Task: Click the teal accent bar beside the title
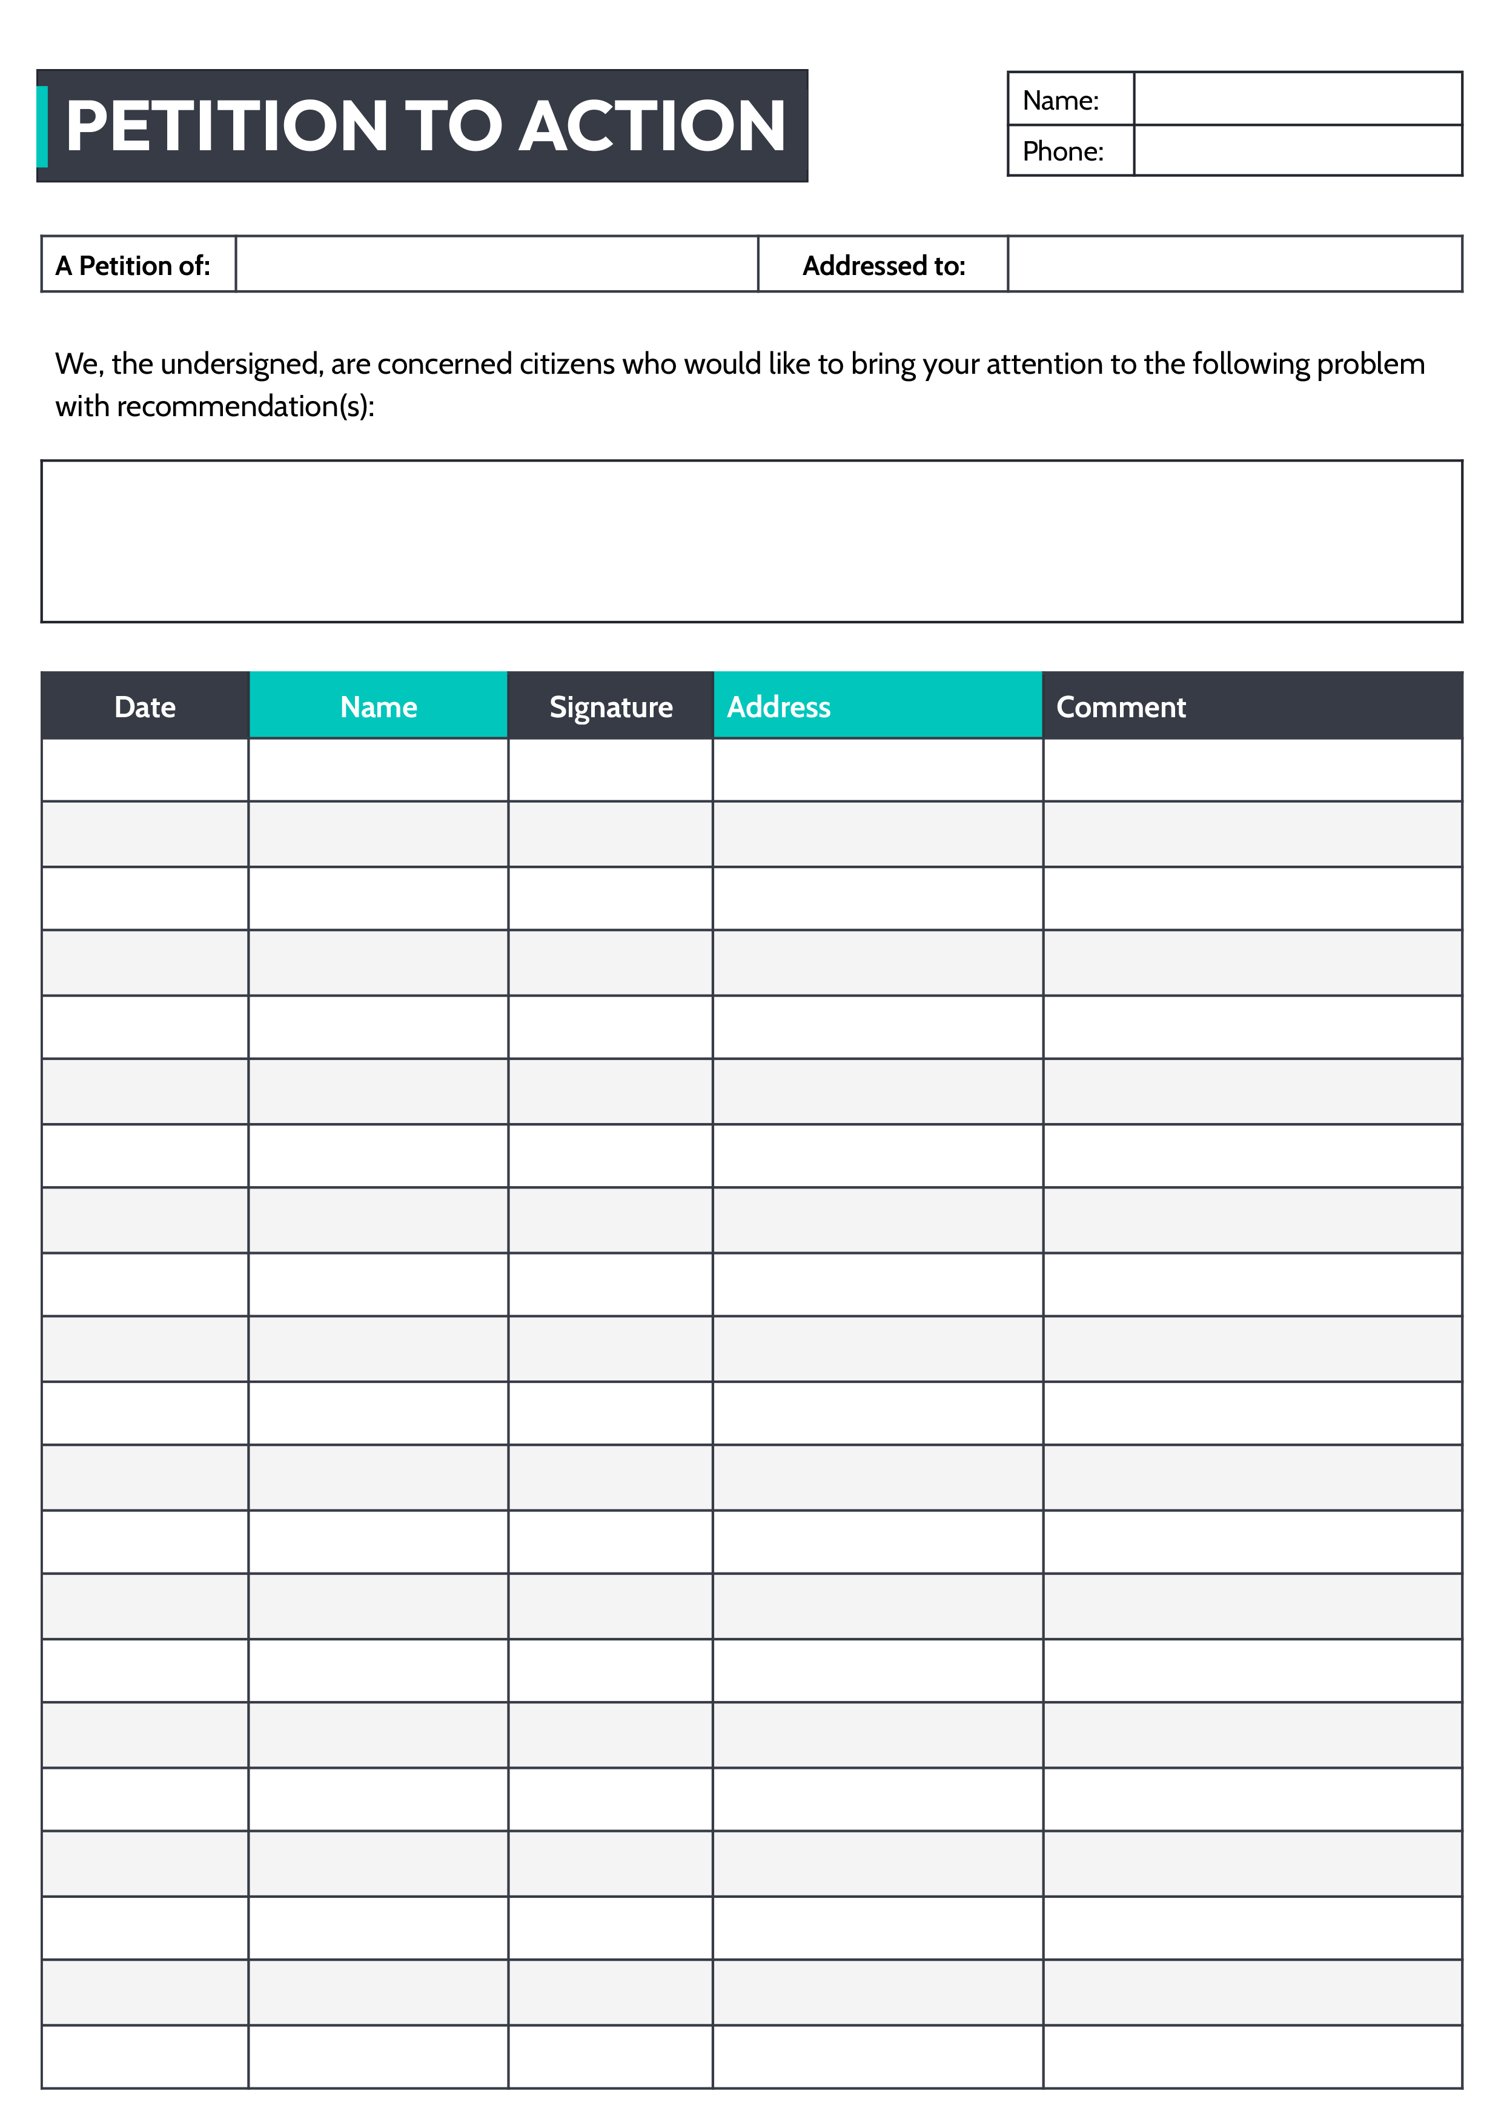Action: [42, 126]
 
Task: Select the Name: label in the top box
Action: [1061, 100]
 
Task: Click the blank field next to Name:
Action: [1297, 98]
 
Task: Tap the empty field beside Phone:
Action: [1297, 150]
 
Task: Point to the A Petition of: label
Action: [133, 266]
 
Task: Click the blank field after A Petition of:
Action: [497, 265]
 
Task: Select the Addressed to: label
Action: [884, 266]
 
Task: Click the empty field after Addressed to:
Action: [1234, 265]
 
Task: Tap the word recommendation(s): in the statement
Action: [245, 406]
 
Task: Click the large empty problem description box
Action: [751, 541]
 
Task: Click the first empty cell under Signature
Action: [611, 771]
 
